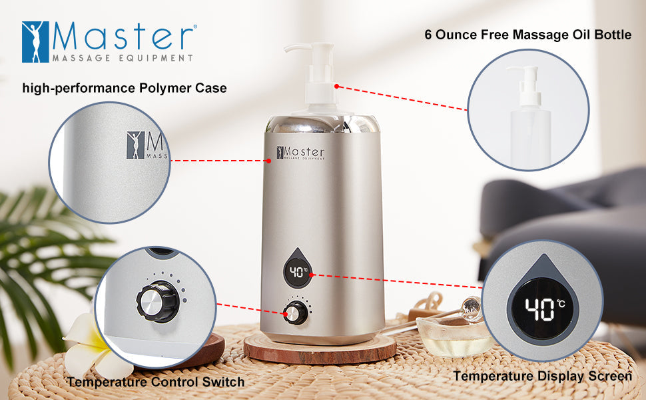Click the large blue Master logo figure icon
(x=35, y=41)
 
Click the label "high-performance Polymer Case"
(x=125, y=88)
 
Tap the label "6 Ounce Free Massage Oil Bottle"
(x=528, y=35)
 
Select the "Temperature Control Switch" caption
(x=155, y=382)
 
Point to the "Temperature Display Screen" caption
(x=542, y=376)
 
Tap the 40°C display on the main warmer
(x=298, y=272)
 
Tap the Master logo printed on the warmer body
(x=301, y=153)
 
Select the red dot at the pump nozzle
(x=338, y=86)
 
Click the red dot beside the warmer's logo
(x=269, y=160)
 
